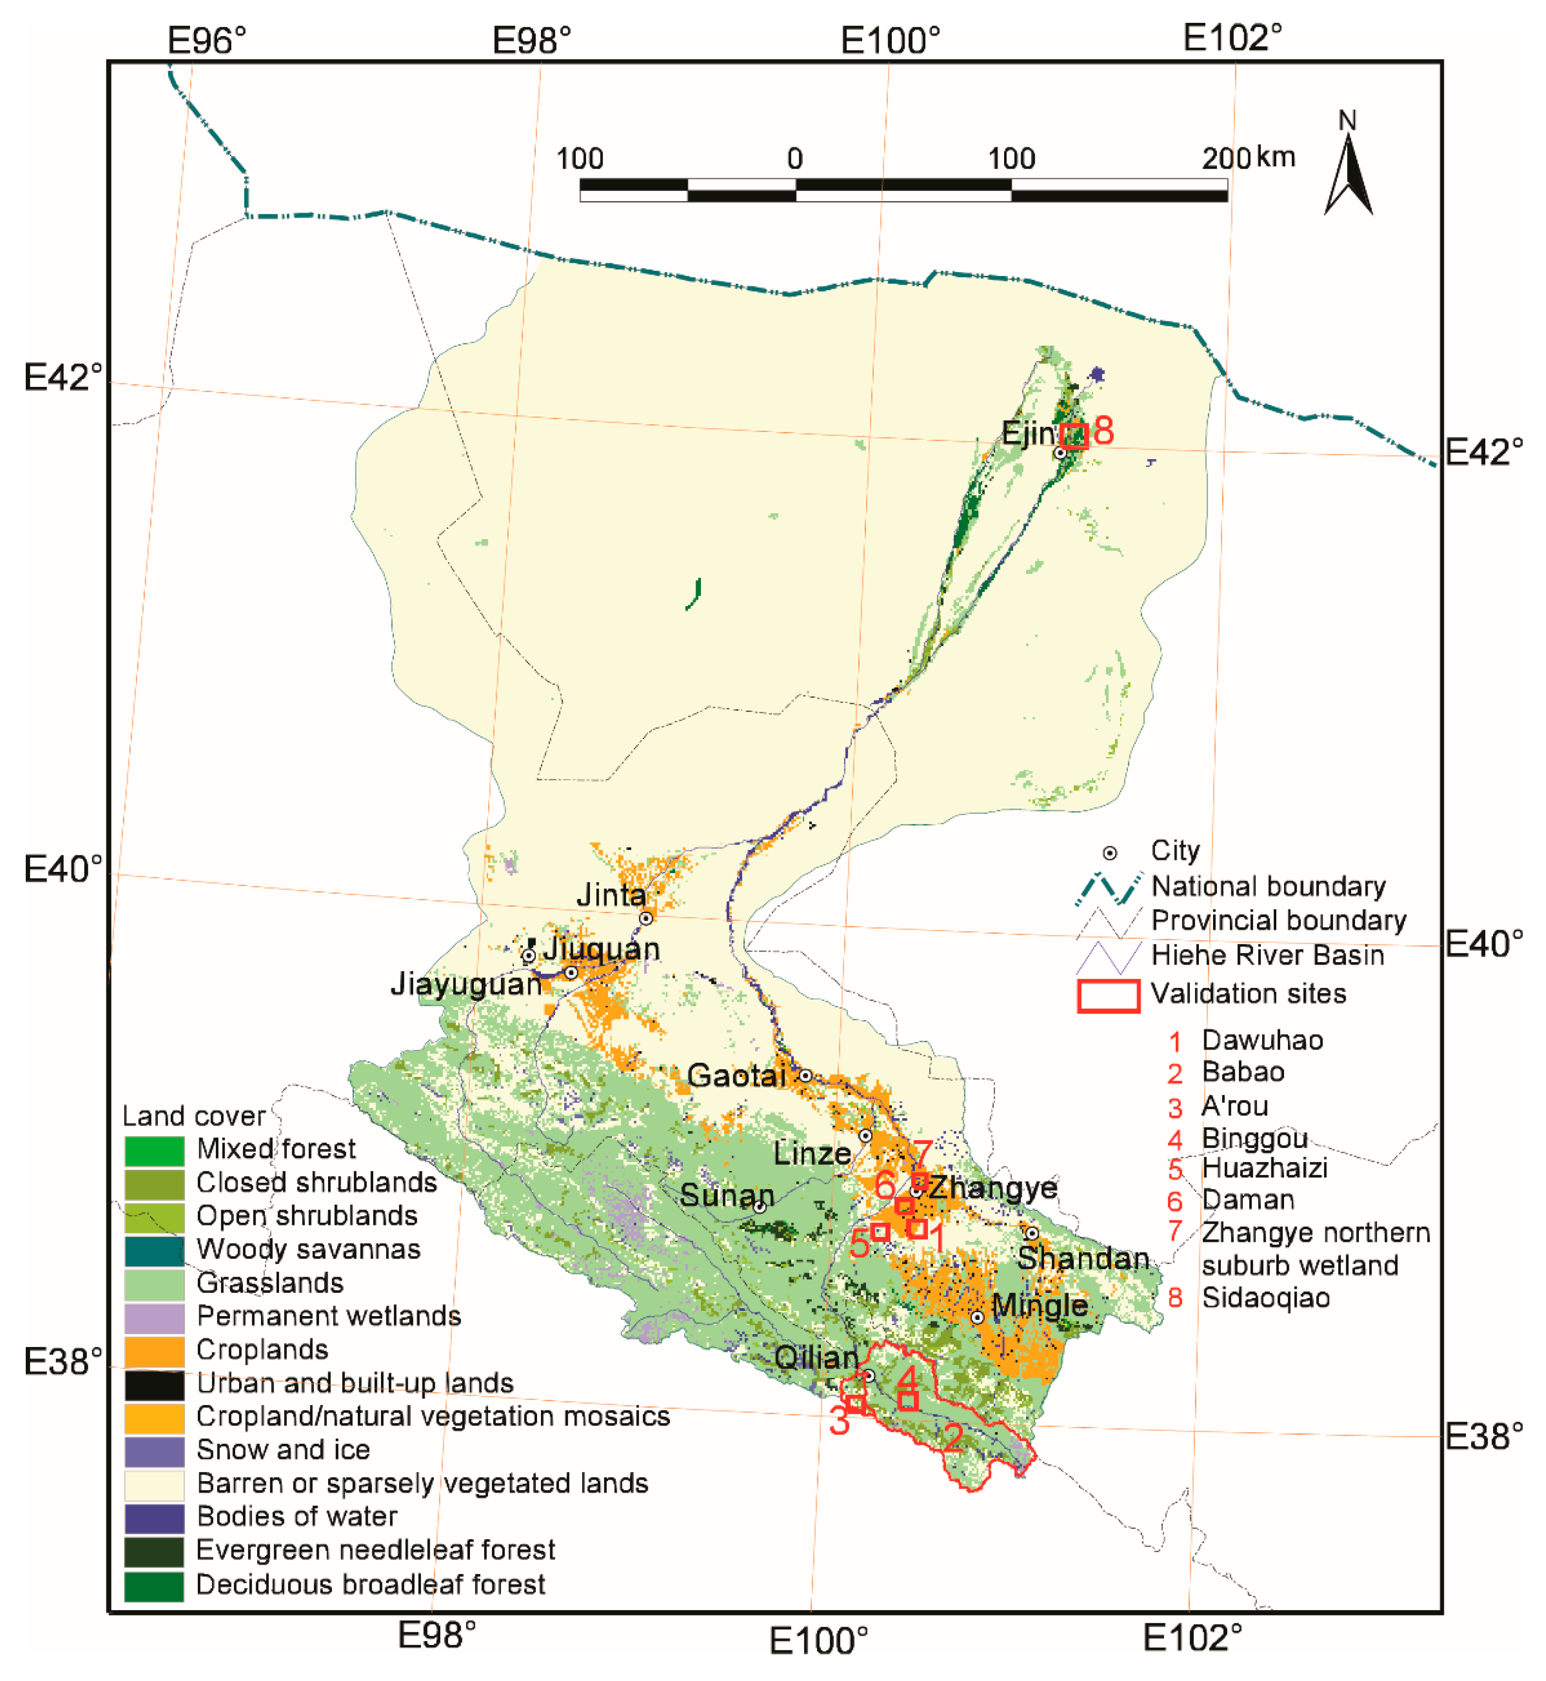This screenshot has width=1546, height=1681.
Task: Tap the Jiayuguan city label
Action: pyautogui.click(x=466, y=984)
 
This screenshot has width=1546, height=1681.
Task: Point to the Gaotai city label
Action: pyautogui.click(x=736, y=1075)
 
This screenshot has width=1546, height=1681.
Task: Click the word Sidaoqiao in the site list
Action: pyautogui.click(x=1265, y=1298)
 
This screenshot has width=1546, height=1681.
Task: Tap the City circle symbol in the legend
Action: pyautogui.click(x=1109, y=853)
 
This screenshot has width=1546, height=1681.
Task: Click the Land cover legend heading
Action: pyautogui.click(x=193, y=1116)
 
